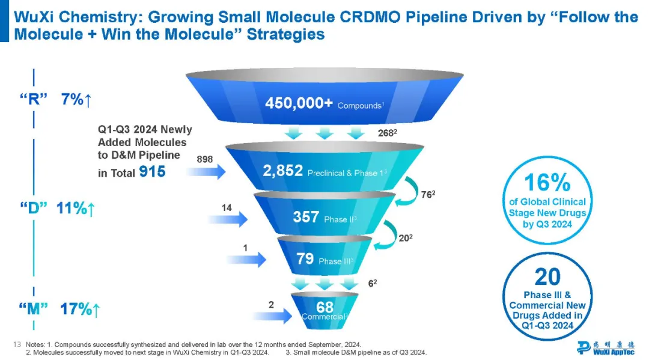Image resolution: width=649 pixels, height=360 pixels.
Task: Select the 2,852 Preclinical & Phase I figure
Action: pyautogui.click(x=282, y=171)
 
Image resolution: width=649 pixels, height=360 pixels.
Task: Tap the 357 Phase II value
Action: pyautogui.click(x=306, y=217)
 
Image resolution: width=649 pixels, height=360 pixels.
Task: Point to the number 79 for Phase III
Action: pyautogui.click(x=305, y=259)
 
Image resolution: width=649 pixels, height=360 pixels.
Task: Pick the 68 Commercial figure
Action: pyautogui.click(x=324, y=307)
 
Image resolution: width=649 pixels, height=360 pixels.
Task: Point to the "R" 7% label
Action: pyautogui.click(x=59, y=100)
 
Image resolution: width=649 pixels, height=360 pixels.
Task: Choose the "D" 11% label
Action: pyautogui.click(x=59, y=209)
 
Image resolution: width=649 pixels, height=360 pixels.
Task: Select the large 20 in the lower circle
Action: pyautogui.click(x=547, y=276)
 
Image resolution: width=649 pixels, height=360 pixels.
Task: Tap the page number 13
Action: pyautogui.click(x=17, y=344)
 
